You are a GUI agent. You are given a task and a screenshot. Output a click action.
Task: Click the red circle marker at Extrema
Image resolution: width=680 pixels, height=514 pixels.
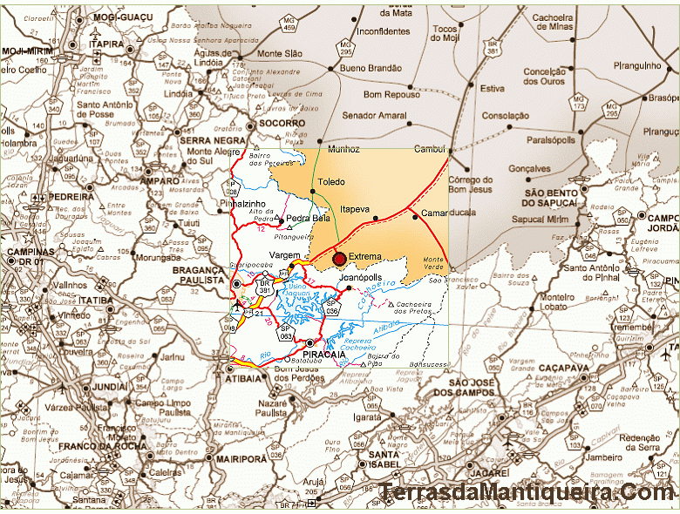point(339,258)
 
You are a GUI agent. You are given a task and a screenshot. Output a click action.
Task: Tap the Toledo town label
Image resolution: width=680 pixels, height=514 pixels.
point(331,182)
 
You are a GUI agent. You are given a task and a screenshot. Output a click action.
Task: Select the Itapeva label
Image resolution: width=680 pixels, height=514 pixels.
point(355,209)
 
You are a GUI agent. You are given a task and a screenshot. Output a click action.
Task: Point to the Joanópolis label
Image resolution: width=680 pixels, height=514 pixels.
point(365,278)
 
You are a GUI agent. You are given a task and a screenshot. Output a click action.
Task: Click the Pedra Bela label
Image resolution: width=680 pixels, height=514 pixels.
point(308,218)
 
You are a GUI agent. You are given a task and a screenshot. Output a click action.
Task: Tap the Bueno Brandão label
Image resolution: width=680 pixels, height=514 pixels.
point(372,68)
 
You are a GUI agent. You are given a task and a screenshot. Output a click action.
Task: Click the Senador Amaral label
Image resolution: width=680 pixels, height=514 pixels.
point(374,115)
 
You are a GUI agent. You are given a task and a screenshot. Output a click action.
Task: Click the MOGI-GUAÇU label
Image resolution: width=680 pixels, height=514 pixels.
point(117,17)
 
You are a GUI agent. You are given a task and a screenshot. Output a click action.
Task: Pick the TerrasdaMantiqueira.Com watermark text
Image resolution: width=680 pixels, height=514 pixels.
point(527,494)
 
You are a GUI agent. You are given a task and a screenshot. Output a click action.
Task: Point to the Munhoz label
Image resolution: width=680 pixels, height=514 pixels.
point(343,149)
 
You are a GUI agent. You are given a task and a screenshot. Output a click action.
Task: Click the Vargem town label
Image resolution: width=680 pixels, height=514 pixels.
point(285,254)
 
